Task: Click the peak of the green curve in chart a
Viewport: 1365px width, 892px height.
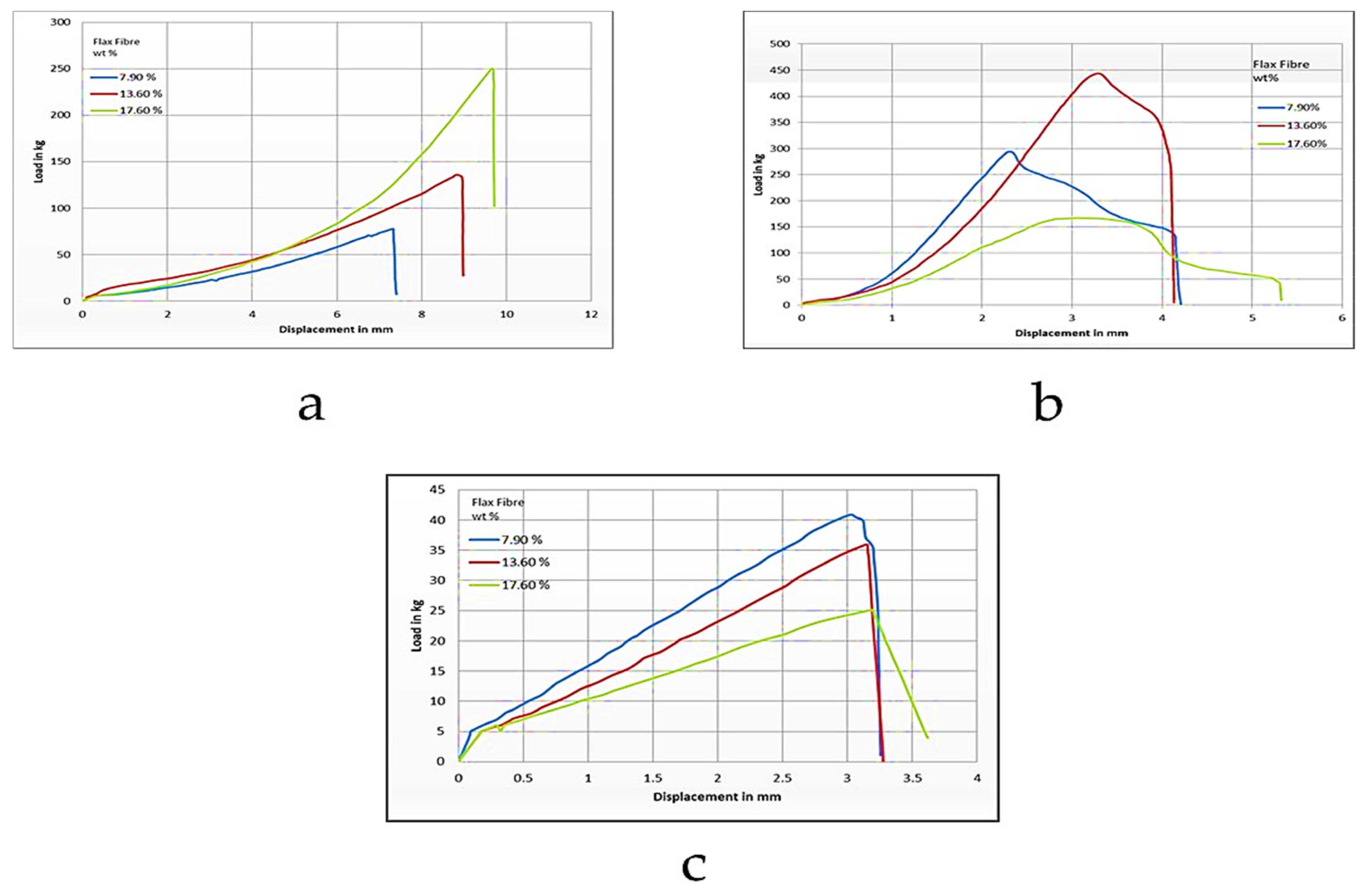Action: pyautogui.click(x=491, y=69)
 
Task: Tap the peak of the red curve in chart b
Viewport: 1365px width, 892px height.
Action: pyautogui.click(x=1097, y=73)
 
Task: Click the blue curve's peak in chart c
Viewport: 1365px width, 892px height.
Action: pyautogui.click(x=851, y=514)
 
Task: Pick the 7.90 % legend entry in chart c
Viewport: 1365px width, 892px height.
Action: pyautogui.click(x=521, y=539)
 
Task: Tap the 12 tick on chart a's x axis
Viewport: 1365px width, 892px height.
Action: pyautogui.click(x=591, y=314)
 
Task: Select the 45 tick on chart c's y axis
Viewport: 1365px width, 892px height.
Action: pyautogui.click(x=437, y=490)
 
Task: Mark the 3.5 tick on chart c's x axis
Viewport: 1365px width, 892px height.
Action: pyautogui.click(x=912, y=778)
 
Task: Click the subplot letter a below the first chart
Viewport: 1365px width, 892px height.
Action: pyautogui.click(x=311, y=406)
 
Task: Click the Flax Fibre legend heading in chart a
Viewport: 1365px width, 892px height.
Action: pyautogui.click(x=117, y=42)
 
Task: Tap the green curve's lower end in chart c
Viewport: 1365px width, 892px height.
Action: pyautogui.click(x=927, y=737)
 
